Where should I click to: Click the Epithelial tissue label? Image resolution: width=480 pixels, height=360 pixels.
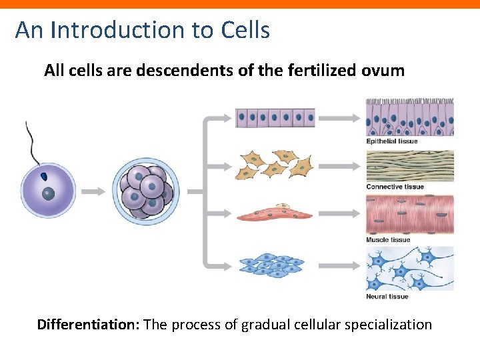coord(391,141)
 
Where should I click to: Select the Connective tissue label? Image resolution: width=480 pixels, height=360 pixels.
coord(395,187)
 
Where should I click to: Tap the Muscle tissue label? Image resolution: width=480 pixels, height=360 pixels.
coord(388,240)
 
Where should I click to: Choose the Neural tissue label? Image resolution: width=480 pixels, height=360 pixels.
coord(387,296)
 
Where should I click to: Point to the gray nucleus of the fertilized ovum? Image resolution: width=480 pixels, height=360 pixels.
coord(49,194)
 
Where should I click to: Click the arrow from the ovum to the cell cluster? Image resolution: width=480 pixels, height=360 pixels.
coord(93,191)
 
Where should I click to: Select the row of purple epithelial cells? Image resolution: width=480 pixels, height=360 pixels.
coord(275,118)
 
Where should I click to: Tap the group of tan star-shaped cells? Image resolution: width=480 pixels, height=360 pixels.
coord(276,163)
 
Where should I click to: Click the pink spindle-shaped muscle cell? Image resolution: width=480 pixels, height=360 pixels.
coord(275,214)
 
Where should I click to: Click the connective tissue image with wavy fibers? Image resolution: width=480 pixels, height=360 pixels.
coord(409,165)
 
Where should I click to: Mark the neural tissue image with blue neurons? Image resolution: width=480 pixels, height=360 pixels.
coord(409,268)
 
